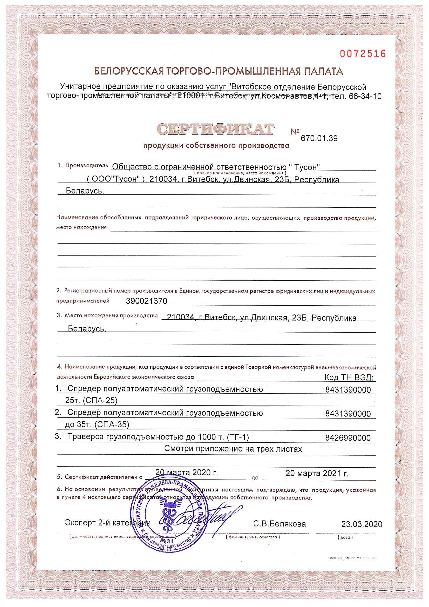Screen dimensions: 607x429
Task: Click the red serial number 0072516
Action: pyautogui.click(x=363, y=54)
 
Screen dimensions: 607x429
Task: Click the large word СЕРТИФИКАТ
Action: pyautogui.click(x=215, y=130)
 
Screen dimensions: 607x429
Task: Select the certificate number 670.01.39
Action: pyautogui.click(x=319, y=138)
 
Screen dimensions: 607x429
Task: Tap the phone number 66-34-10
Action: pyautogui.click(x=365, y=96)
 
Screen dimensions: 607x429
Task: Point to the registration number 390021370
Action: pyautogui.click(x=146, y=301)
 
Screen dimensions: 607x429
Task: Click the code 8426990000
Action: pyautogui.click(x=348, y=438)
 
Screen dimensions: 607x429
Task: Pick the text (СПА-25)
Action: pyautogui.click(x=100, y=401)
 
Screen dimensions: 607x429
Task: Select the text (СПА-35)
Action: pyautogui.click(x=112, y=424)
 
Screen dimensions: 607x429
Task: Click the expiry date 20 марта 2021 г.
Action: pyautogui.click(x=317, y=473)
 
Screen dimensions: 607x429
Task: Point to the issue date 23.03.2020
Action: pyautogui.click(x=362, y=524)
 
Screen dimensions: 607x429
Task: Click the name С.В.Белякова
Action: pyautogui.click(x=280, y=524)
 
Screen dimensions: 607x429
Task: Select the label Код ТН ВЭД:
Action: pyautogui.click(x=349, y=377)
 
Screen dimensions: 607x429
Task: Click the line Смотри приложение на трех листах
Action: pyautogui.click(x=233, y=449)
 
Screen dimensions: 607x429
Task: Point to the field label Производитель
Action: pyautogui.click(x=86, y=165)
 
